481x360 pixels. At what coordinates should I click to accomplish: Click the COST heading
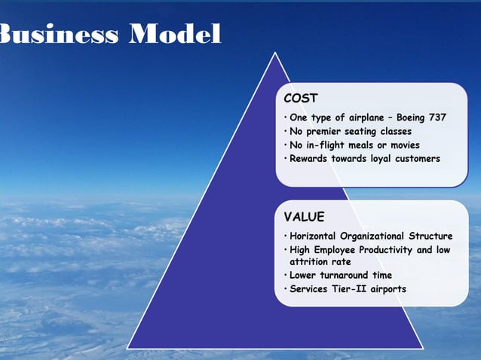click(301, 98)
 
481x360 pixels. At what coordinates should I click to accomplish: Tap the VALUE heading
click(305, 217)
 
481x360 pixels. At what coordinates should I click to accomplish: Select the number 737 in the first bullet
click(435, 117)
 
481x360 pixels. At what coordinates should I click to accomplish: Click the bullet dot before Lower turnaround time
click(285, 276)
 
